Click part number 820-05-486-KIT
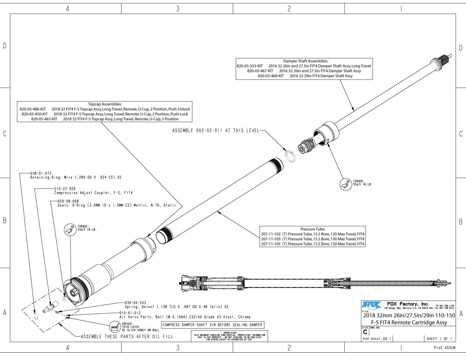(33, 109)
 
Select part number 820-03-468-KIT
(271, 76)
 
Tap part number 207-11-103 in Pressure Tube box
(271, 239)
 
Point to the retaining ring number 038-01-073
(41, 174)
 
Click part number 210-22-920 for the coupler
(65, 189)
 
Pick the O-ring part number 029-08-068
(68, 201)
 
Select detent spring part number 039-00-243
(135, 303)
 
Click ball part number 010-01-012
(130, 313)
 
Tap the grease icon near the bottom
(115, 327)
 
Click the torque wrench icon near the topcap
(70, 229)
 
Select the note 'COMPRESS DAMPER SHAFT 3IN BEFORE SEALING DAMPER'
(212, 325)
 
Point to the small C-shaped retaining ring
(36, 317)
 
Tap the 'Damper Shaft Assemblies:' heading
(305, 61)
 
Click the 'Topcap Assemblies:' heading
(105, 104)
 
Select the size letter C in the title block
(365, 332)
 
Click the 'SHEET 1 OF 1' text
(439, 339)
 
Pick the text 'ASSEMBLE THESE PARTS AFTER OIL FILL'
(127, 336)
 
